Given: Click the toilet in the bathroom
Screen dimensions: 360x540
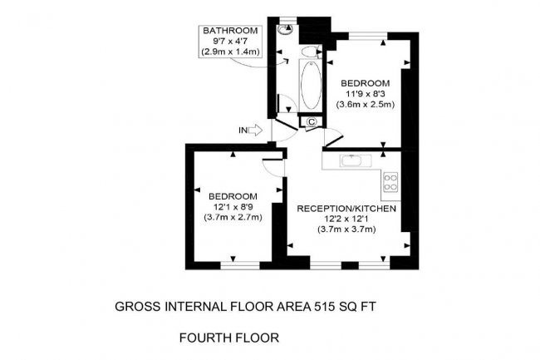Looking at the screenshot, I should coord(287,28).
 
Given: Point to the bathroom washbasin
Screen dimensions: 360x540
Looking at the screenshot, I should coord(311,52).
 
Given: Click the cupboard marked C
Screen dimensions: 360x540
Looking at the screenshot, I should coord(311,121).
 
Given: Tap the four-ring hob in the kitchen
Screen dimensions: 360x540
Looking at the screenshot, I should coord(390,180).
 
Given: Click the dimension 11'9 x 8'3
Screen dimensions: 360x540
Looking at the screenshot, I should coord(365,94).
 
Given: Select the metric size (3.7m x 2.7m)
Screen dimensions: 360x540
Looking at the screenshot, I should coord(233,217).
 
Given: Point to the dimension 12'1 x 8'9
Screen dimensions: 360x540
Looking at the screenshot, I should coord(233,206).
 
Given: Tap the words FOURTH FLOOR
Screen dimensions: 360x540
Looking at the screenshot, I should coord(230,338).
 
